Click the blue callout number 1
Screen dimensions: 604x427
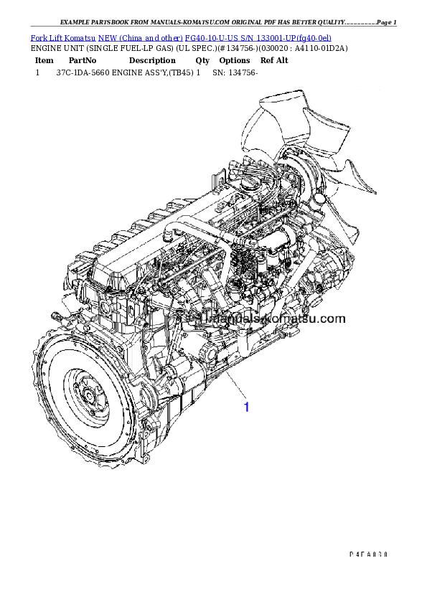[x=246, y=407]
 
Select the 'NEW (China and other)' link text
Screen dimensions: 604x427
[x=140, y=37]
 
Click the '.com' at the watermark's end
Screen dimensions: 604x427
[x=332, y=318]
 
